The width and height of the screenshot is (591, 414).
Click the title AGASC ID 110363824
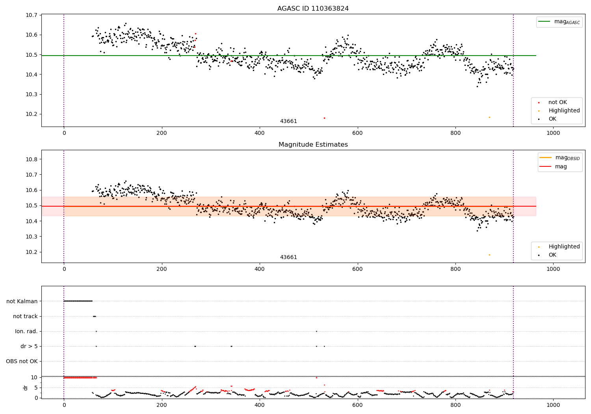point(313,9)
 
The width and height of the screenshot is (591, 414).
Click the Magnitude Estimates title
point(313,145)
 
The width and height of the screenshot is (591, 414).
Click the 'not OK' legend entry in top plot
point(557,103)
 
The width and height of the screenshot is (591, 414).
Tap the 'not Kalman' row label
point(22,301)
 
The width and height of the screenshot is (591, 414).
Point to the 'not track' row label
point(25,316)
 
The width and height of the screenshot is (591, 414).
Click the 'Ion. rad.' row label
point(26,331)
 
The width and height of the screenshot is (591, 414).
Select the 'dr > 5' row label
point(29,346)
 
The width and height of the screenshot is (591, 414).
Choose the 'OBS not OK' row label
point(22,361)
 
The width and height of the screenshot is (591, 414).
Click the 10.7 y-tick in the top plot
point(32,15)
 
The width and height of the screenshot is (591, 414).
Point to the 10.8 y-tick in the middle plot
point(32,159)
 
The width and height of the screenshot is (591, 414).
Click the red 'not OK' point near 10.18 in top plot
point(324,118)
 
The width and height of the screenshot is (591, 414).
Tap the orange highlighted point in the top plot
point(489,117)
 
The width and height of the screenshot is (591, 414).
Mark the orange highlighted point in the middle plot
point(489,255)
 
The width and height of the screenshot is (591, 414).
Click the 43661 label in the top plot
point(288,121)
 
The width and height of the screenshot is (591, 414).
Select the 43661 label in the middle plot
point(288,257)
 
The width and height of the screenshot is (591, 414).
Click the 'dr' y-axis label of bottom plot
point(26,388)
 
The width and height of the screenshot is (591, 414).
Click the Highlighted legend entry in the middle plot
point(564,246)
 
